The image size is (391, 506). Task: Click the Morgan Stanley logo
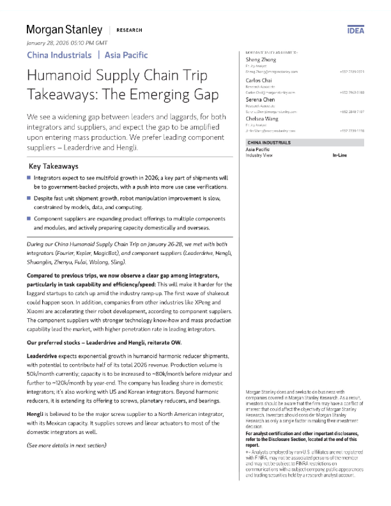[64, 29]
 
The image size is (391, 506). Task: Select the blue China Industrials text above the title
[59, 55]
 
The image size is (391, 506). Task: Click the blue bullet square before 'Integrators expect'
[29, 177]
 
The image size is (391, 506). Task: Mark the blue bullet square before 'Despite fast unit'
[29, 198]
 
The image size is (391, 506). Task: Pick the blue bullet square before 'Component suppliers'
[29, 218]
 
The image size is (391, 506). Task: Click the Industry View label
[261, 155]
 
